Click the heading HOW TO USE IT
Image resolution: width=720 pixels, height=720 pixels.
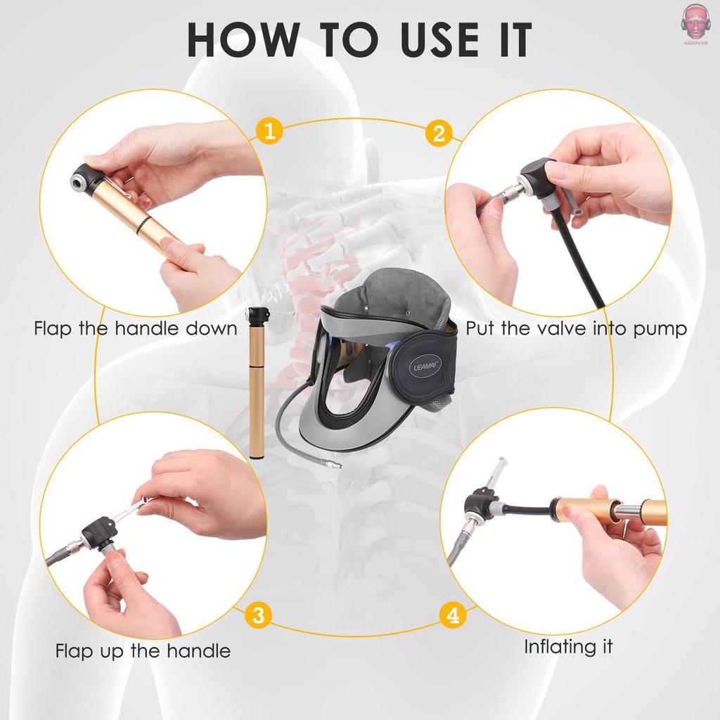click(x=359, y=41)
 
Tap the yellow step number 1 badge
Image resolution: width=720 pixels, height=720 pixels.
click(x=269, y=131)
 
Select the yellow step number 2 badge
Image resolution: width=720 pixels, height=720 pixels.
click(x=439, y=134)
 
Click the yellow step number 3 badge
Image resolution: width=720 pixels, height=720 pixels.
click(x=259, y=617)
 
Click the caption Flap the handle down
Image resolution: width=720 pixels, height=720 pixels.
click(x=136, y=328)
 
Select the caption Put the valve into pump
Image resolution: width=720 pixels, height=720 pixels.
click(x=576, y=328)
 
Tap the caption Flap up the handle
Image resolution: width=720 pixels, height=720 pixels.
click(x=143, y=651)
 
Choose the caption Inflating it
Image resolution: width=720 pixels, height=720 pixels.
click(x=568, y=647)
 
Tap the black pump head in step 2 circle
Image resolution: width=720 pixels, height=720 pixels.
click(x=538, y=179)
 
